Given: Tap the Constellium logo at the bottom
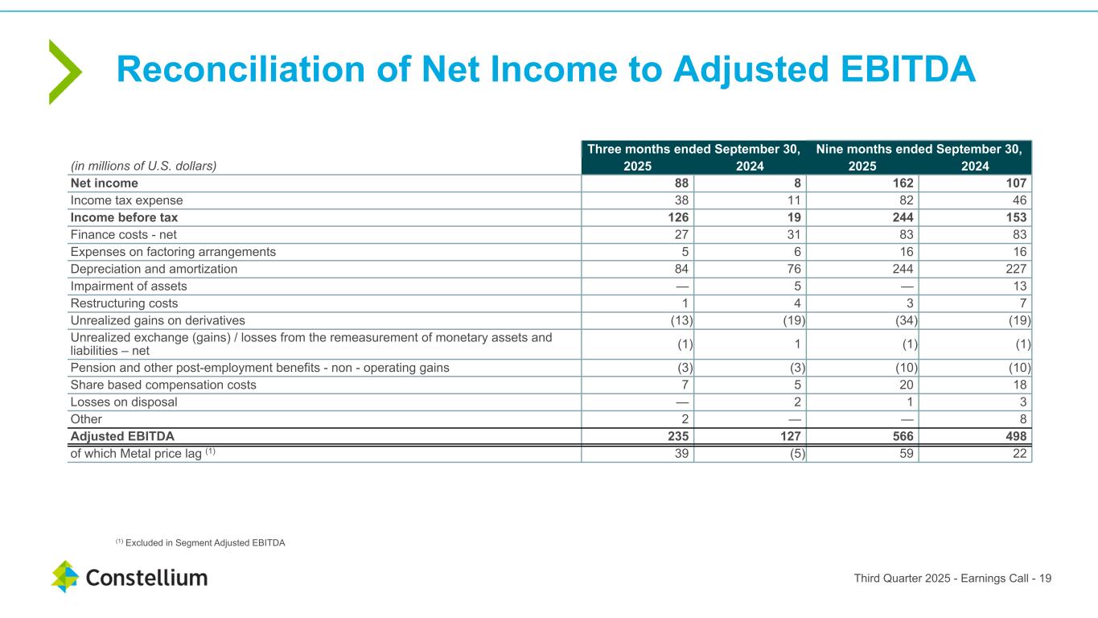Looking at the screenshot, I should [130, 577].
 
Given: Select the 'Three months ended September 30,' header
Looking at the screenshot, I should [693, 149].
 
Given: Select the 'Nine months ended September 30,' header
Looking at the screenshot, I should [919, 149].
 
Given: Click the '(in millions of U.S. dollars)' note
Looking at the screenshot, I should [142, 166].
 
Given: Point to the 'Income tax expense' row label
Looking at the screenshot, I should [127, 200].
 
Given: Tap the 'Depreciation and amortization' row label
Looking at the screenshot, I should [154, 269].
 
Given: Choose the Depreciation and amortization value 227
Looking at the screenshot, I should [1016, 269].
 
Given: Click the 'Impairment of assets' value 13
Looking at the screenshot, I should [1022, 286].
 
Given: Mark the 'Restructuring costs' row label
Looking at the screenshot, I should [125, 303].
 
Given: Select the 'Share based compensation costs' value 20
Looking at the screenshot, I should [905, 385].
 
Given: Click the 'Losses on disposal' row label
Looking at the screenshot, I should [124, 402].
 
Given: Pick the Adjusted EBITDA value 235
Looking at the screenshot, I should [676, 436].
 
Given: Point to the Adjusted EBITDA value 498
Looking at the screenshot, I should [1014, 436].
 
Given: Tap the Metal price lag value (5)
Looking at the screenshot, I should [796, 453].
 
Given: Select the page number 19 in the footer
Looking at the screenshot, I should [1046, 578].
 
